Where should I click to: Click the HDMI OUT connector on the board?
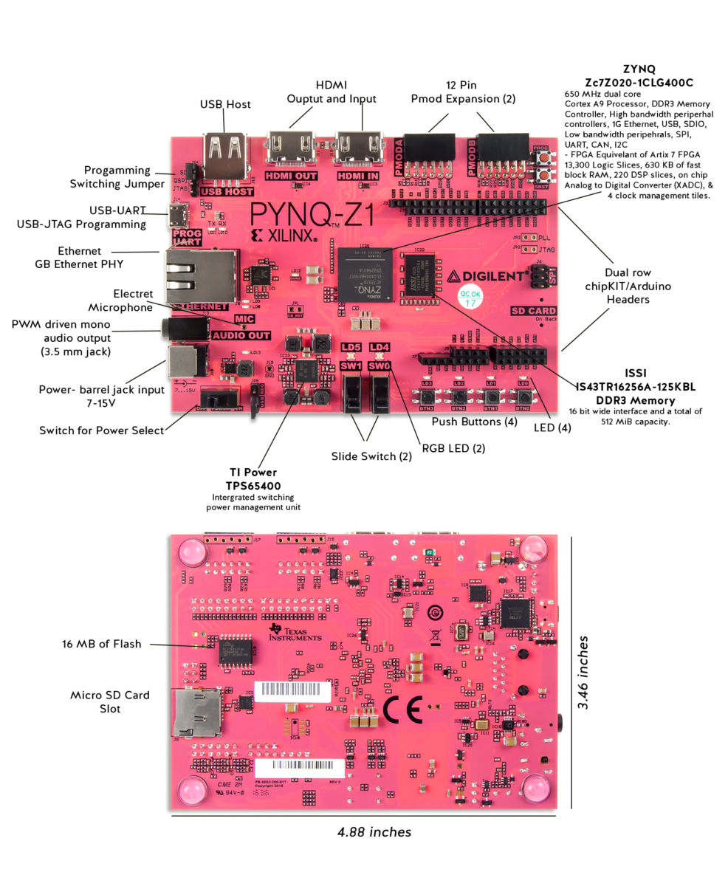click(x=290, y=148)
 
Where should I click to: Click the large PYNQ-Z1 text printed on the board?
click(x=311, y=214)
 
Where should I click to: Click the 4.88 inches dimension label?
click(x=374, y=832)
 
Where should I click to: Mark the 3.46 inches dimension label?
click(x=583, y=672)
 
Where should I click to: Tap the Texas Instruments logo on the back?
click(x=295, y=631)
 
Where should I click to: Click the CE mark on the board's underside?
click(x=402, y=710)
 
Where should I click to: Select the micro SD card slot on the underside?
click(x=196, y=713)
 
